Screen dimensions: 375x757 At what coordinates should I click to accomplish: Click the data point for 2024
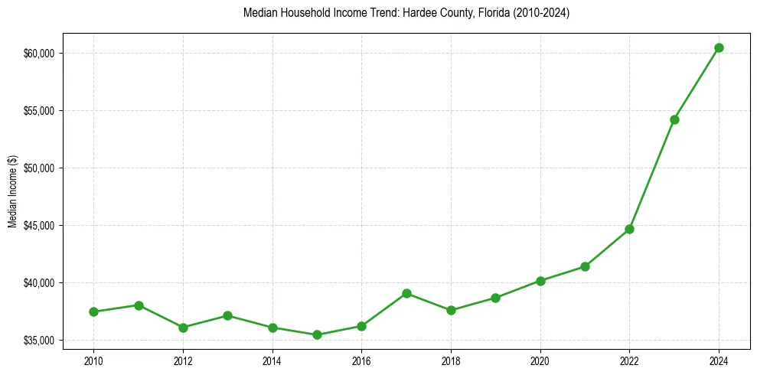(x=719, y=47)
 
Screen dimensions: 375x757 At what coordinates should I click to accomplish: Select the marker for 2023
(x=674, y=119)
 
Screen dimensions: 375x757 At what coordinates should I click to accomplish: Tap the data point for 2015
(x=317, y=334)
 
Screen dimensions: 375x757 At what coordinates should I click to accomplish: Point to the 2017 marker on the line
(x=406, y=293)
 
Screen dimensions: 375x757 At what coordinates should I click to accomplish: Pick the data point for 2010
(x=93, y=311)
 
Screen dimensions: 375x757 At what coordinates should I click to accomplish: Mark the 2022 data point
(x=629, y=229)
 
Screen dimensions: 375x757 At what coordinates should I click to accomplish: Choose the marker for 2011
(x=139, y=305)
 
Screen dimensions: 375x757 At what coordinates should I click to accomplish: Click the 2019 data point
(x=495, y=298)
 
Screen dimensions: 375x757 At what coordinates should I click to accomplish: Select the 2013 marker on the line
(x=227, y=315)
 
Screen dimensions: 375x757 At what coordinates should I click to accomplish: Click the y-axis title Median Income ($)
(x=12, y=191)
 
